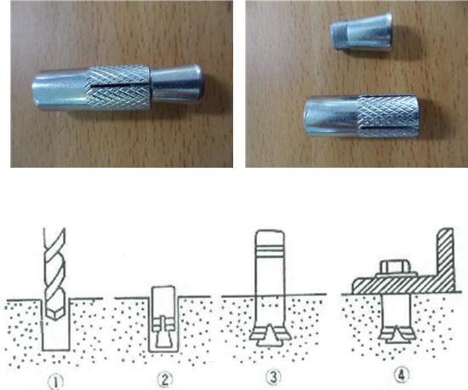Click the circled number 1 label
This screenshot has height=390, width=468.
point(56,381)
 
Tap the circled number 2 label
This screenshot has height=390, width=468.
point(165,380)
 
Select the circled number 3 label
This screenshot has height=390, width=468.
point(273,377)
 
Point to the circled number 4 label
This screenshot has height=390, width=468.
point(402,375)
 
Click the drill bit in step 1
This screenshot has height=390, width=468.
point(54,273)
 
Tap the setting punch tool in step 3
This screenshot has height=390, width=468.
point(270,263)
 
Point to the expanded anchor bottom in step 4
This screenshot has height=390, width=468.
point(397,335)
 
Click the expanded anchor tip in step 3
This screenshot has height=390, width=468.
point(270,336)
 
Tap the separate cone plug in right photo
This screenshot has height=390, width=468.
point(361,31)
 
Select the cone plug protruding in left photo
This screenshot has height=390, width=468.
point(177,83)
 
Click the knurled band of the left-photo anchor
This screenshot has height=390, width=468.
point(119,88)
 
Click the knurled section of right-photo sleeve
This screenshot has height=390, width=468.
point(388,116)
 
